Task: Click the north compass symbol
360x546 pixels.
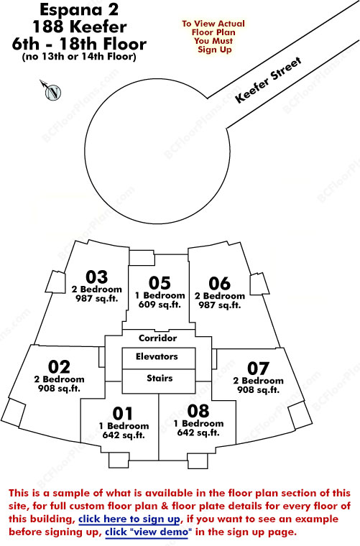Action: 52,91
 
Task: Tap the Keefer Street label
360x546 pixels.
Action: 268,80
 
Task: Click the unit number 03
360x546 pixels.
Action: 96,277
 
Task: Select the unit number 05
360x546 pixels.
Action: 160,283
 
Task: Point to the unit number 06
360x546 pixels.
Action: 219,284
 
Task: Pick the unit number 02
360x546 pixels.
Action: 59,366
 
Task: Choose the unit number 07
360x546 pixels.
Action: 258,369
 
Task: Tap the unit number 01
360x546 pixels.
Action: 123,414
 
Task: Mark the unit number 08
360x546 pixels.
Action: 198,411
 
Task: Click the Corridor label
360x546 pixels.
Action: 157,338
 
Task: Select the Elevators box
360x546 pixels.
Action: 158,358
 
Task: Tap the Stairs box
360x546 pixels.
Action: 158,381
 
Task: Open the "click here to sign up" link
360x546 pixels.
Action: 129,519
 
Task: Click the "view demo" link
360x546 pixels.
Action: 148,532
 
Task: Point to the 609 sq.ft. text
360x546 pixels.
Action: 160,305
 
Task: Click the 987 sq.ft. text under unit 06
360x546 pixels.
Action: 220,305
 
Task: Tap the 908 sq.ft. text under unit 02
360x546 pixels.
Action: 59,388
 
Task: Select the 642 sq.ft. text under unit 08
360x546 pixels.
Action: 198,432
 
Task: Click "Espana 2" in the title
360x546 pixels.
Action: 79,10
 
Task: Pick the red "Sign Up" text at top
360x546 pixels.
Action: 214,50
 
